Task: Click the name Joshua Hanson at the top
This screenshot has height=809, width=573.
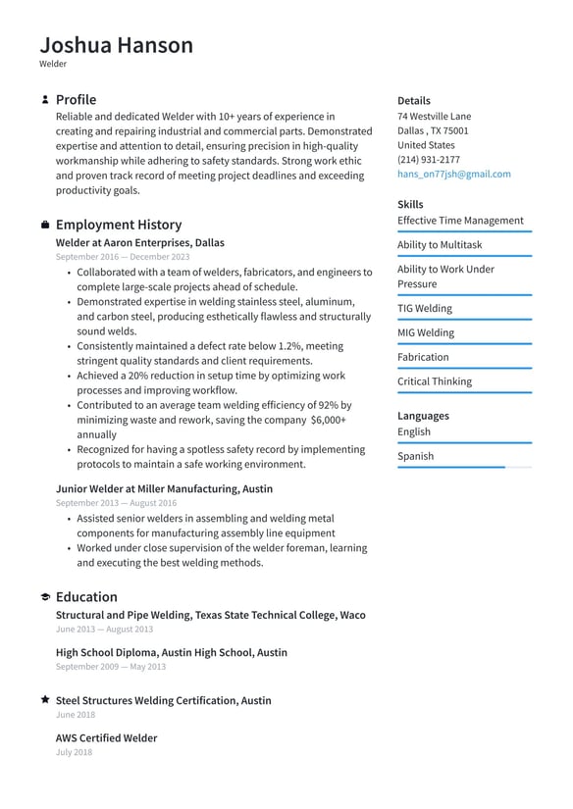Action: click(x=116, y=45)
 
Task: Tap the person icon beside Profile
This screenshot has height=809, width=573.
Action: click(x=45, y=100)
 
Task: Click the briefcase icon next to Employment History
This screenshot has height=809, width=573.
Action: click(x=45, y=225)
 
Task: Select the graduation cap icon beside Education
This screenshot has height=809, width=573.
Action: click(x=45, y=597)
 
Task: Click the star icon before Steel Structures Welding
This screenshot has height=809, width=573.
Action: click(x=45, y=700)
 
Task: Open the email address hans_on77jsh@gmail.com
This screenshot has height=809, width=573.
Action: click(x=453, y=175)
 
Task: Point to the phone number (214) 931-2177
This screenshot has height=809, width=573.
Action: click(x=428, y=160)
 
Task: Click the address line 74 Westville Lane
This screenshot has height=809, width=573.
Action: click(x=434, y=116)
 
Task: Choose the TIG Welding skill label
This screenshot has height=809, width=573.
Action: click(x=424, y=309)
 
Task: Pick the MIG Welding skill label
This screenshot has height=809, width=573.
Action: click(x=425, y=333)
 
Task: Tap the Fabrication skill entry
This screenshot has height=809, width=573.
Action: click(x=423, y=358)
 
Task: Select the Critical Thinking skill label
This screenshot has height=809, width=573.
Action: click(x=434, y=382)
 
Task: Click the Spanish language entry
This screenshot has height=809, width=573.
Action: click(x=415, y=456)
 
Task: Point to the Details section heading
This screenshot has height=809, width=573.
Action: click(x=413, y=101)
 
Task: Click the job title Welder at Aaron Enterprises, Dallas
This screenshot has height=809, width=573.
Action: click(x=139, y=242)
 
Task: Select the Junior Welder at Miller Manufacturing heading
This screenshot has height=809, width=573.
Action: click(x=164, y=488)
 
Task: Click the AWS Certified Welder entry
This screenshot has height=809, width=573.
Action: click(x=106, y=737)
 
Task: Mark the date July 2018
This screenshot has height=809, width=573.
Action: click(x=74, y=752)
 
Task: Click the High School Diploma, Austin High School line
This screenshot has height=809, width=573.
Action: click(x=171, y=652)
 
